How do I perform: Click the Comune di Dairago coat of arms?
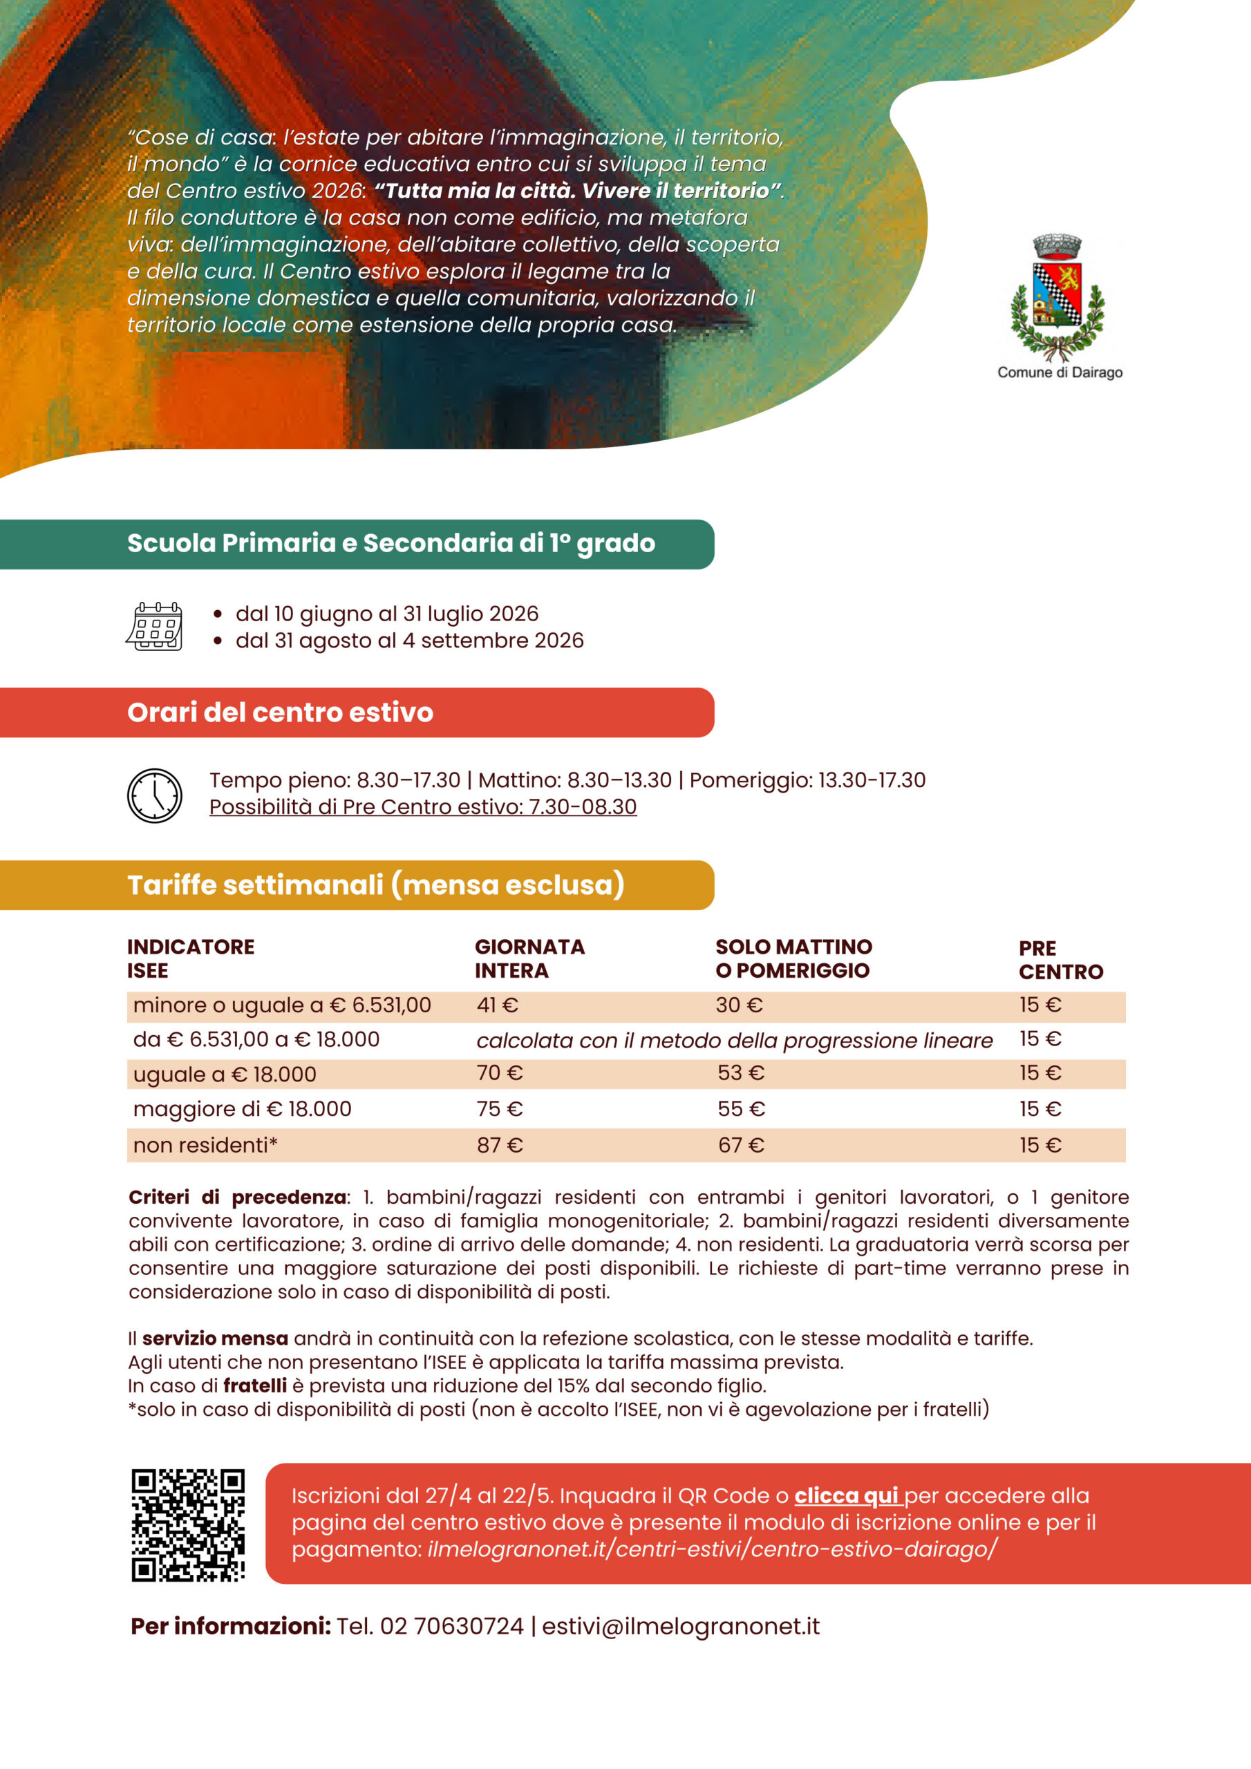click(1057, 296)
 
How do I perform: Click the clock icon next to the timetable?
click(154, 795)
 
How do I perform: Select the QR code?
click(188, 1526)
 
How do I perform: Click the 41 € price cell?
click(497, 1005)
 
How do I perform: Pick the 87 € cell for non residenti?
click(500, 1145)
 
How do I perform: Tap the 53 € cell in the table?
click(741, 1072)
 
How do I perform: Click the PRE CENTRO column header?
click(1061, 959)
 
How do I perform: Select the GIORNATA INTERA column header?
click(529, 958)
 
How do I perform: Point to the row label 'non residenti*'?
click(205, 1145)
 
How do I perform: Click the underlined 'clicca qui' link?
click(847, 1495)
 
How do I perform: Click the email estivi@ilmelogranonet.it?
click(681, 1627)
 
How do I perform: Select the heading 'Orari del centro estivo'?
click(280, 712)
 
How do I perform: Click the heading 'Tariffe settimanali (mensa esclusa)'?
click(375, 884)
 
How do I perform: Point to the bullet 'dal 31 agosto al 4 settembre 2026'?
click(409, 641)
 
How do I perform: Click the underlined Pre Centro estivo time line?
click(422, 806)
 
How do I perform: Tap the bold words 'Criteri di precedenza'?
click(237, 1197)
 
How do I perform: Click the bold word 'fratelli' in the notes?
click(254, 1385)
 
